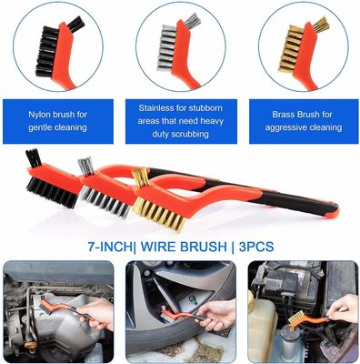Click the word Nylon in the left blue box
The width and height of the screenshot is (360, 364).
point(40,115)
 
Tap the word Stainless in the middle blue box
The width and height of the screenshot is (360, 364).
point(157,108)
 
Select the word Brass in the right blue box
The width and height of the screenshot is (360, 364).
point(284,115)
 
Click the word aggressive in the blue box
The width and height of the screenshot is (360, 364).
point(285,127)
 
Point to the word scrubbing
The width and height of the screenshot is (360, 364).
point(190,134)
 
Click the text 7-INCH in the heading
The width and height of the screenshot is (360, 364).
point(110,247)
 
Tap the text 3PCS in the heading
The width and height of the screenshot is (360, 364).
point(256,247)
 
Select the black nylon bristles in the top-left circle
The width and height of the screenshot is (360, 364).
point(46,51)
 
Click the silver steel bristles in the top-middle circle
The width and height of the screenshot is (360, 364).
point(167,47)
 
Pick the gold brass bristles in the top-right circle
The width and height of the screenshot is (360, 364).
point(288,49)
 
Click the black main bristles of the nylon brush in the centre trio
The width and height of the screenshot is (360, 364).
point(52,193)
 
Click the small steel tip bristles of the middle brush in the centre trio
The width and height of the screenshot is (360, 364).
point(85,167)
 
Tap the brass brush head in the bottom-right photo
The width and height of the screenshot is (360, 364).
point(295,319)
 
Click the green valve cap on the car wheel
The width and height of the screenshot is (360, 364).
point(192,300)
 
